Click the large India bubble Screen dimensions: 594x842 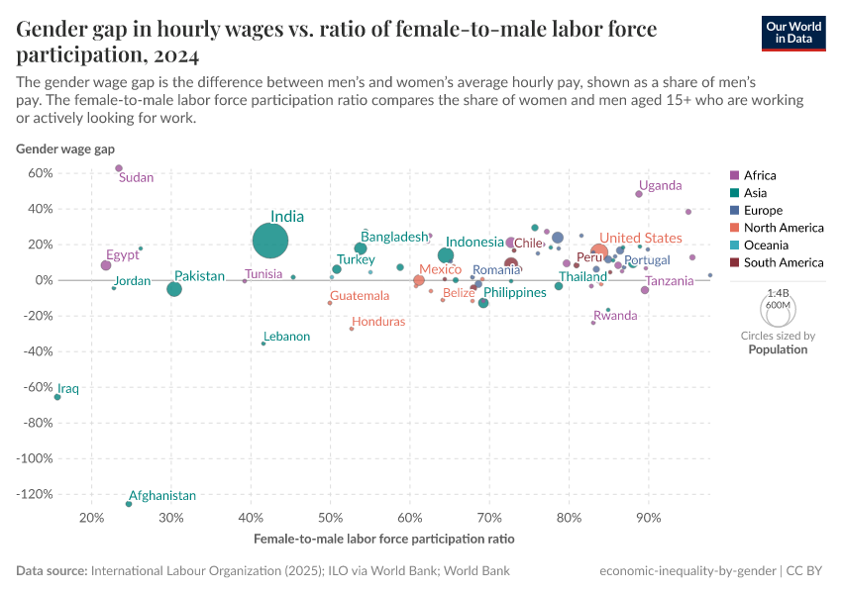point(270,241)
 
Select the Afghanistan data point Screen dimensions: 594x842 point(129,504)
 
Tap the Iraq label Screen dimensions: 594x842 point(68,389)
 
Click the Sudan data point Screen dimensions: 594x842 point(119,168)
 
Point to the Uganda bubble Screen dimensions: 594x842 point(639,194)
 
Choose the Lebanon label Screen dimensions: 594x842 point(286,337)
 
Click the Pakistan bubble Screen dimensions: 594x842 point(174,289)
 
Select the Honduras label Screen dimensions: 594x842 point(378,322)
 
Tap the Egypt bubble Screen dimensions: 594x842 point(106,265)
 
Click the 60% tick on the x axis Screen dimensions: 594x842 point(409,517)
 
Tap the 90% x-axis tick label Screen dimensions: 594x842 point(648,517)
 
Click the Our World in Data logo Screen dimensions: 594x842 point(793,32)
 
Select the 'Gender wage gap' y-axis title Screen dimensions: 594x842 point(65,149)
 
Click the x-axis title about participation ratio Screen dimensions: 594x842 point(383,539)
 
